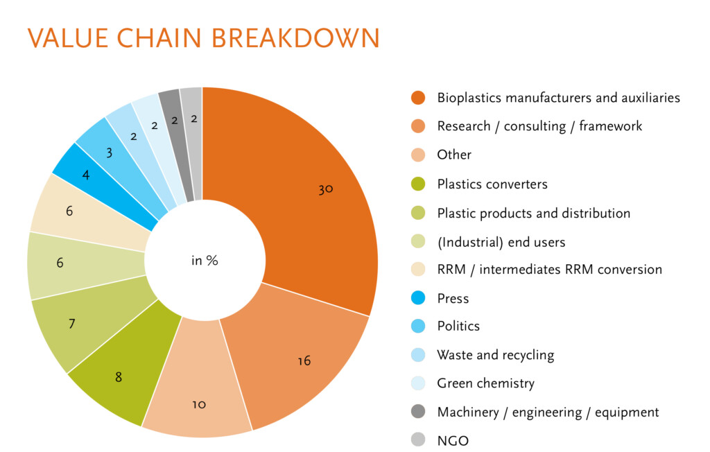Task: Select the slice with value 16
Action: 299,358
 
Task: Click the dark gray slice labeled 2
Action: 175,127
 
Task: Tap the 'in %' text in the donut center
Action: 205,261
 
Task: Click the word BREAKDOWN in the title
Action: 295,38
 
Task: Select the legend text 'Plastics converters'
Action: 492,184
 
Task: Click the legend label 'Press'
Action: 453,299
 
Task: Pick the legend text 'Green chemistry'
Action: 486,383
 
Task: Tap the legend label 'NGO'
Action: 453,440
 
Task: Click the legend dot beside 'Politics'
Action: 418,326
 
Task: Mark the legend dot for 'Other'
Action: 418,155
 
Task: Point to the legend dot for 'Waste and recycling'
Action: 418,355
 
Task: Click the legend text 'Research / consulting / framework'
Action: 539,126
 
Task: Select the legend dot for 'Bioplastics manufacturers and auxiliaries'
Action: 418,97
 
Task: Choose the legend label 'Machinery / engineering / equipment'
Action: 548,412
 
